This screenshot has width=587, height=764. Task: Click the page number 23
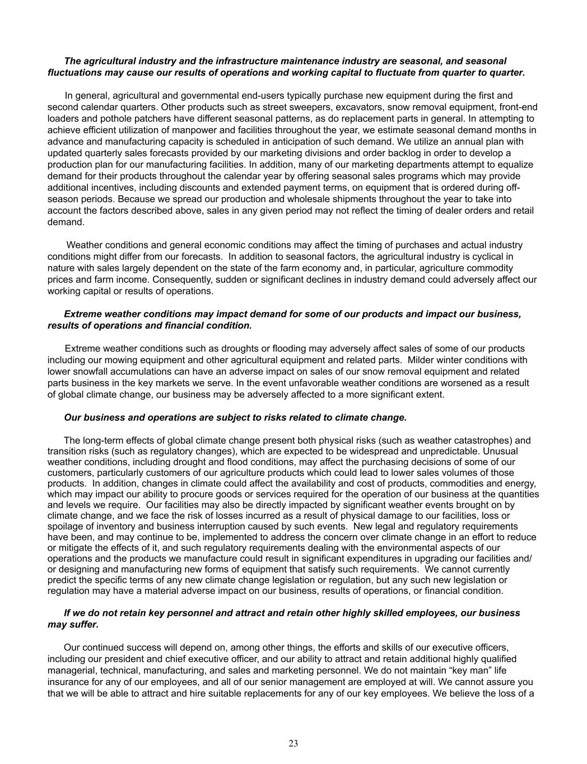pos(293,743)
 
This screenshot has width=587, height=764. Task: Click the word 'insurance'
pos(67,682)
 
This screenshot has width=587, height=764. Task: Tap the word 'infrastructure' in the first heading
pos(204,61)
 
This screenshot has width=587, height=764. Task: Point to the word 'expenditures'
pos(379,559)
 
